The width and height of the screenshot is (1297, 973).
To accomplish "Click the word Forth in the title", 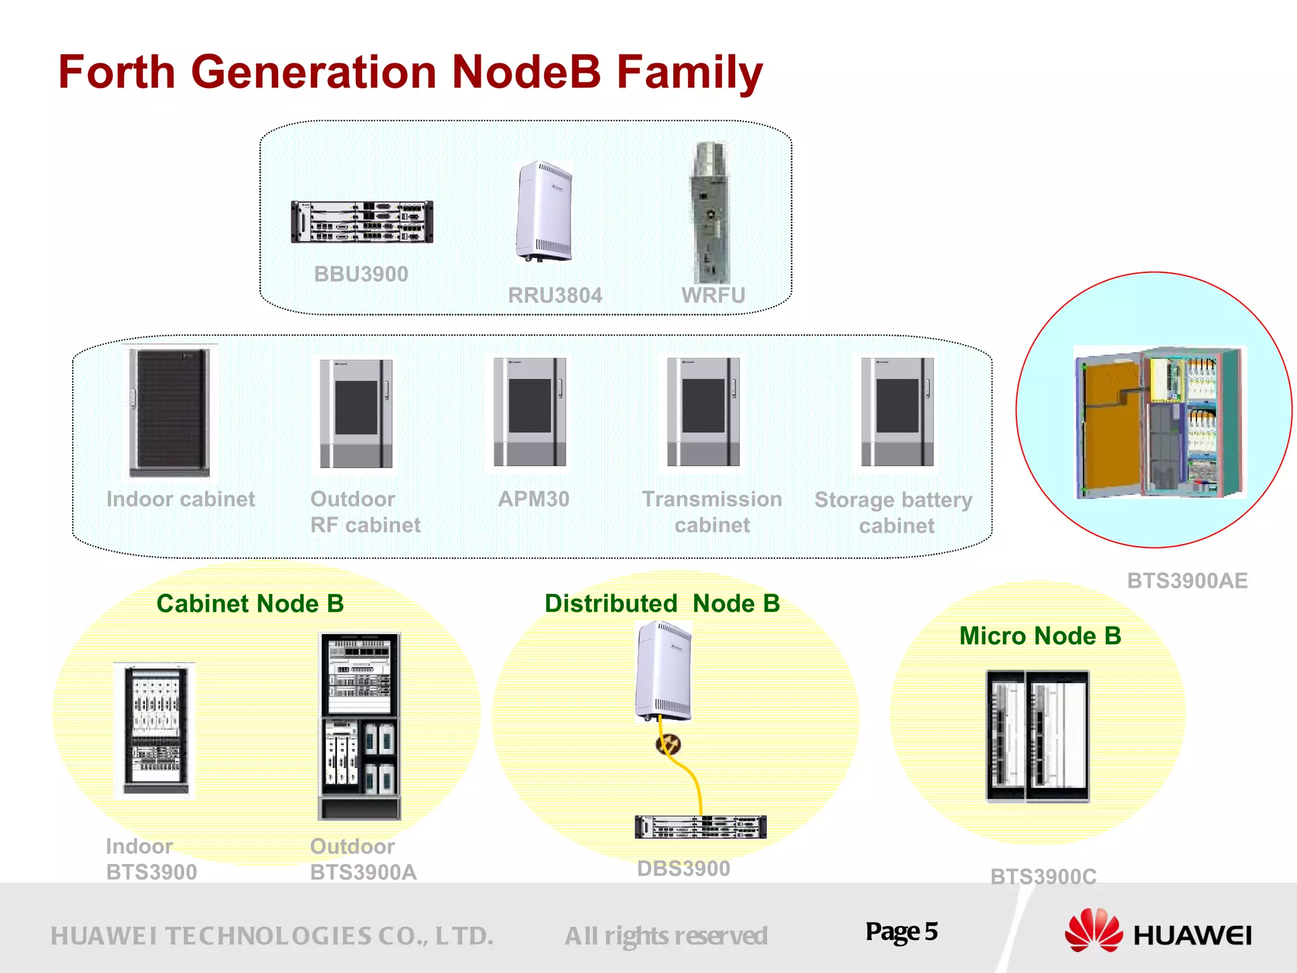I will tap(117, 72).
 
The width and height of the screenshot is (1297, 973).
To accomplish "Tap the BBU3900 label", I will tap(361, 274).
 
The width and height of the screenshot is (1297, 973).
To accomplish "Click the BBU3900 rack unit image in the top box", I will tap(362, 222).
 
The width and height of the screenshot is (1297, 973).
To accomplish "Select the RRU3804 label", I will tap(555, 295).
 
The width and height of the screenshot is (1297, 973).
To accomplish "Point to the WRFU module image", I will tap(711, 212).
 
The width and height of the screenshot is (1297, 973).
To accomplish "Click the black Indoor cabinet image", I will tap(170, 412).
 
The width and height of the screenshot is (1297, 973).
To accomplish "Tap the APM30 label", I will tap(533, 499).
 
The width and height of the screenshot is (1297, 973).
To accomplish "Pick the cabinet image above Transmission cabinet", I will tap(703, 412).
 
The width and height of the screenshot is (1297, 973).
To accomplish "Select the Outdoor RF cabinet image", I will tap(356, 414).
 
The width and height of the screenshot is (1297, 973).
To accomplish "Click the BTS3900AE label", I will tap(1187, 581).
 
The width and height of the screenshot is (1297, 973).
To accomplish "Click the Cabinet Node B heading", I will tap(250, 604).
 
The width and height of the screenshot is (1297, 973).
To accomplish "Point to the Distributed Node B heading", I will tap(662, 604).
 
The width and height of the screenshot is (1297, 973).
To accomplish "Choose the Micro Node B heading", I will tap(1040, 636).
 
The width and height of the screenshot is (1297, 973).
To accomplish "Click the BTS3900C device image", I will tap(1037, 737).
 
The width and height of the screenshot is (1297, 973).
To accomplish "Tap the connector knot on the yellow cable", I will tap(668, 744).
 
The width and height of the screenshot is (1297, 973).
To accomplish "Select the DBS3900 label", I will tap(683, 868).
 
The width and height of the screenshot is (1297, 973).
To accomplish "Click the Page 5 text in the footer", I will tap(901, 932).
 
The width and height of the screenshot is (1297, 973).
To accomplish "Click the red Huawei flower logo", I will tap(1093, 931).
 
